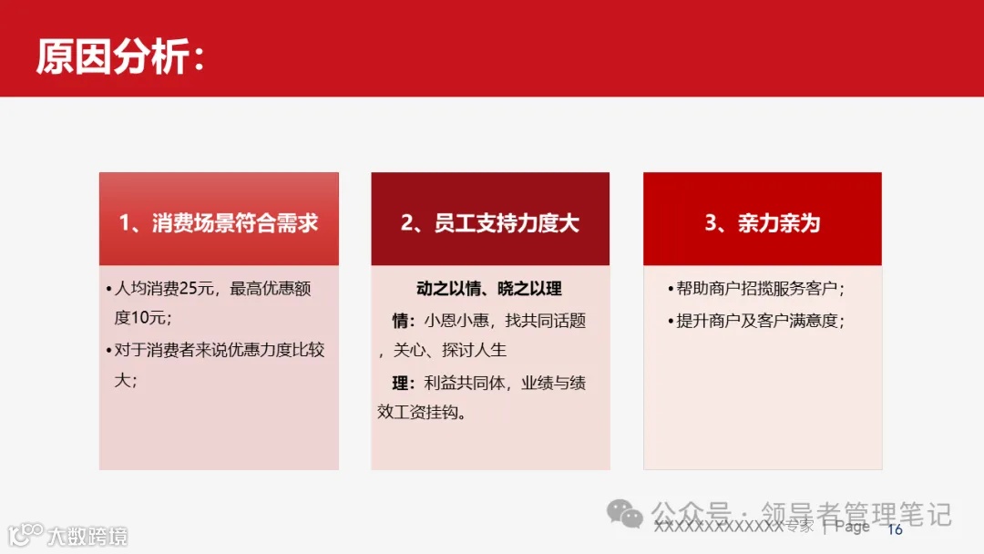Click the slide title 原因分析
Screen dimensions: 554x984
coord(111,56)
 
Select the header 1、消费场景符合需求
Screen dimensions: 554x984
coord(219,223)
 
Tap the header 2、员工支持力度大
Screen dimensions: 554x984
coord(490,223)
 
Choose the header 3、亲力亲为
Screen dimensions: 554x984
coord(763,223)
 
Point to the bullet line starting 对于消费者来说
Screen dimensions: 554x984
coord(219,349)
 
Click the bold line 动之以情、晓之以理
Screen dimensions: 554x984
coord(489,289)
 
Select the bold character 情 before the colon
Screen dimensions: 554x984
coord(400,321)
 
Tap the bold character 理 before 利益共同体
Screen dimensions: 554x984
coord(400,383)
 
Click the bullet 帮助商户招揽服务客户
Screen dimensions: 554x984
coord(758,289)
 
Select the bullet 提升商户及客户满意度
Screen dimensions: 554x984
coord(758,321)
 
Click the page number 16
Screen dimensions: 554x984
coord(895,529)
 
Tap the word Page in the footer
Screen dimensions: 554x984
coord(852,527)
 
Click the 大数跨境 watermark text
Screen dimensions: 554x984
coord(87,536)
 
